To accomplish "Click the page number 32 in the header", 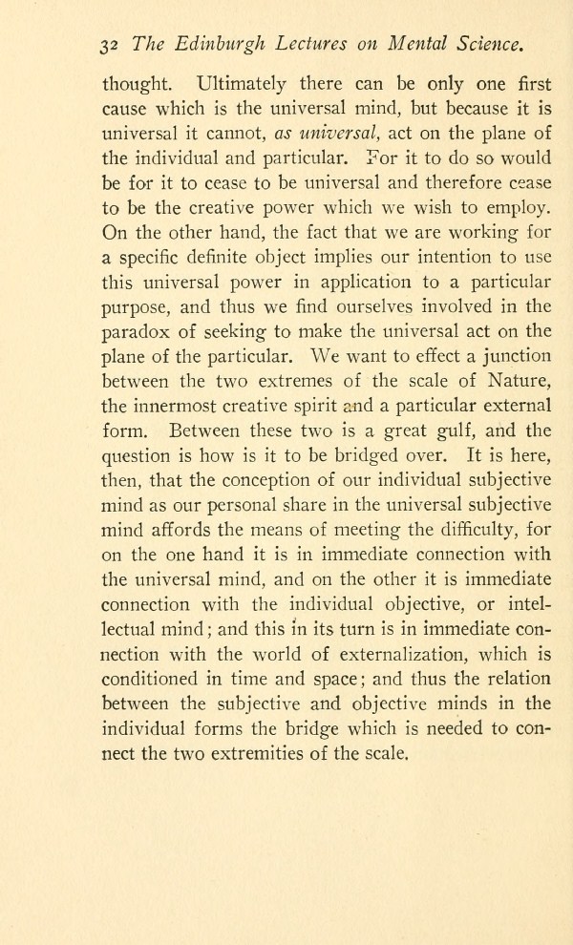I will click(110, 45).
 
